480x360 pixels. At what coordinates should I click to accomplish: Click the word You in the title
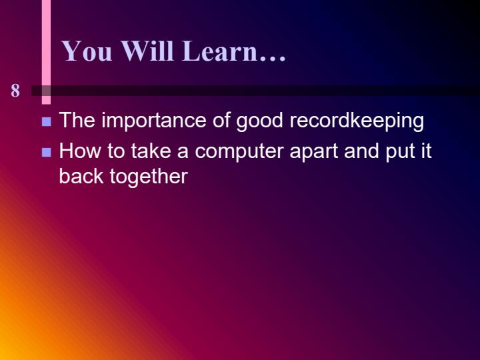[87, 51]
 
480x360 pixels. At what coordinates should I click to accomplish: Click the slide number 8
[15, 91]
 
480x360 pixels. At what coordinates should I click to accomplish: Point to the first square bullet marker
[47, 122]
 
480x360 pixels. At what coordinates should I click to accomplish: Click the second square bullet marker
[47, 152]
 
